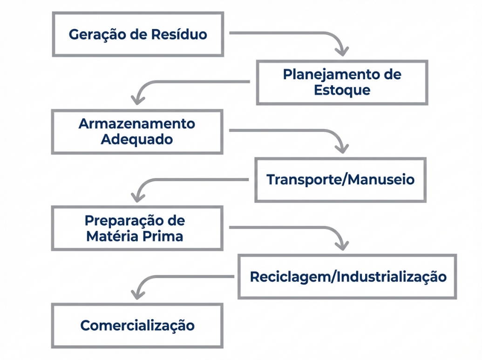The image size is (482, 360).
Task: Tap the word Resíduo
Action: point(179,34)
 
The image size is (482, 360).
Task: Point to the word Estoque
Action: point(342,89)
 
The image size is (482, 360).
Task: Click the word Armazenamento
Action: point(137,124)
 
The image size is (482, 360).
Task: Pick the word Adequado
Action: point(137,139)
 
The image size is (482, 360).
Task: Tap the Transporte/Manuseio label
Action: point(340,180)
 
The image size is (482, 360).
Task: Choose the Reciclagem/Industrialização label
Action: point(348,277)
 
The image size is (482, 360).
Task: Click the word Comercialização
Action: point(137,325)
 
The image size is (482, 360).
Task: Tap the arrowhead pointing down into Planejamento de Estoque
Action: point(342,51)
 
